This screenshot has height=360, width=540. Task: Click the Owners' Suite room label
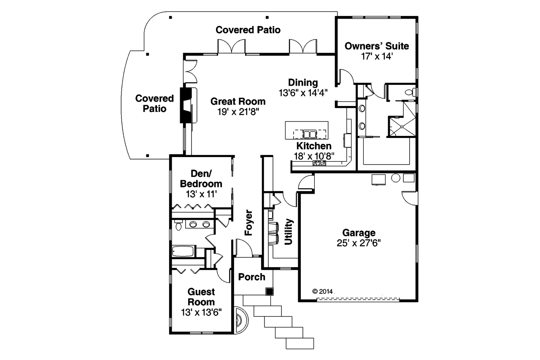coord(376,46)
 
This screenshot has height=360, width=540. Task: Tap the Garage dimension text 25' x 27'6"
coord(359,243)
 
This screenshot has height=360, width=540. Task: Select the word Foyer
coord(249,222)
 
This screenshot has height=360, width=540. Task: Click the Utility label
coord(289,232)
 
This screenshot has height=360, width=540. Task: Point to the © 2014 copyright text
coord(323,291)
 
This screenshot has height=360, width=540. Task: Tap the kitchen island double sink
coord(310,134)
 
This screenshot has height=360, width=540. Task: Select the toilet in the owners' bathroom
coord(409,92)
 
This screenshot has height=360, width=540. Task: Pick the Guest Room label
coord(201,297)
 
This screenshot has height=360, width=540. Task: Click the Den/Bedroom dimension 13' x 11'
coord(201,194)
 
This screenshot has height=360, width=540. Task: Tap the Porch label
coord(252,277)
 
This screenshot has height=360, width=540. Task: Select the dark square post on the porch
coord(269,291)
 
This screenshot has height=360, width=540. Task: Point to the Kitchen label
coord(313,146)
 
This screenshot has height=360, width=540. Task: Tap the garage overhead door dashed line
coord(358,300)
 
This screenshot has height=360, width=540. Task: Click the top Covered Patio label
coord(248,30)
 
